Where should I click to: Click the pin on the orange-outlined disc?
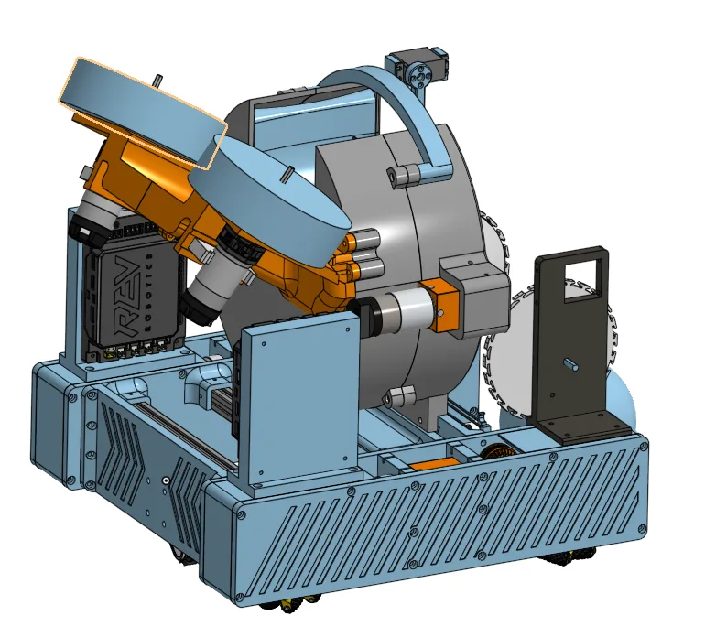[158, 80]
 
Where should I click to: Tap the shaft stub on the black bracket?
[572, 364]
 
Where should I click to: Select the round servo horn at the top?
[421, 75]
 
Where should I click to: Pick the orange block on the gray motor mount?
[438, 305]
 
